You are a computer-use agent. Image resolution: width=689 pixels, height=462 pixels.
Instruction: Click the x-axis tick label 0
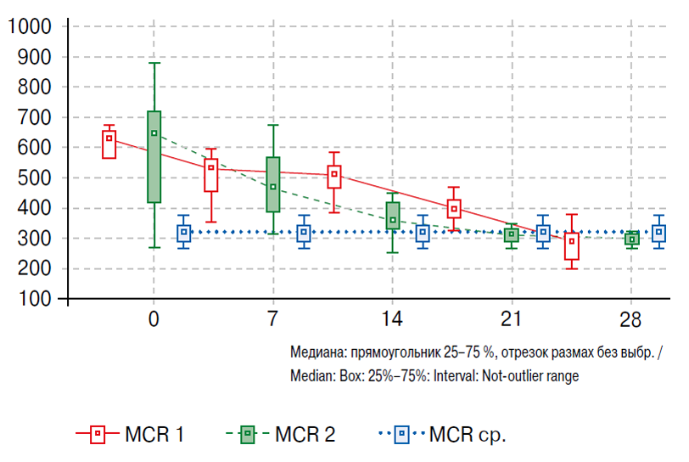point(154,321)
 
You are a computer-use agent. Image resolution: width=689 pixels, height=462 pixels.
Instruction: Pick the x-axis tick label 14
point(392,321)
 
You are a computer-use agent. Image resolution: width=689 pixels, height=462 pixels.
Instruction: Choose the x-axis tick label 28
point(630,321)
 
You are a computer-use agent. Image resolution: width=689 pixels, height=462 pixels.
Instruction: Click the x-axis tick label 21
point(511,321)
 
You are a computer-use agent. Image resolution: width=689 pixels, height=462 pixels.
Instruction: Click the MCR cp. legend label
point(468,436)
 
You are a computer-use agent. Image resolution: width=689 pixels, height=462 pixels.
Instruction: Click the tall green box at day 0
point(154,157)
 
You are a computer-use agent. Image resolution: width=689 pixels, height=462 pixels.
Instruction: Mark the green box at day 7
point(273,184)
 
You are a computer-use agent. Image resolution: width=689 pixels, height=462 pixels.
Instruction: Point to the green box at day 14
point(392,216)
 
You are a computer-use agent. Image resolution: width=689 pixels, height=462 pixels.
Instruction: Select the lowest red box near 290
point(572,246)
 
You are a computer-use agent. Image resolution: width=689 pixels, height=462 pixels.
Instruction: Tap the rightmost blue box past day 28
point(659,234)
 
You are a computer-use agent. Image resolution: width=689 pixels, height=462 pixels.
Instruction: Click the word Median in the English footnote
point(311,376)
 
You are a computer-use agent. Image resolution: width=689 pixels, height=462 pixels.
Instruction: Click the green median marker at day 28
point(631,239)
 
